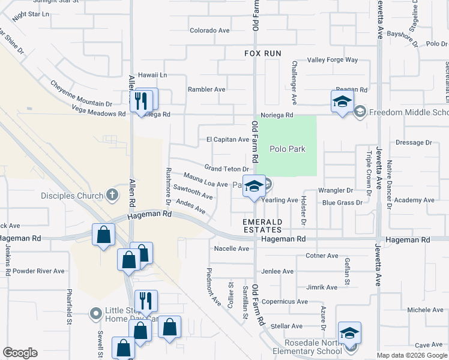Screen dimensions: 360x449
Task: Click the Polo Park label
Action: tap(288, 149)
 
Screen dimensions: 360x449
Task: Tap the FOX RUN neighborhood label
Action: tap(263, 53)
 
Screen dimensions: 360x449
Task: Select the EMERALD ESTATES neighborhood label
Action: tap(262, 226)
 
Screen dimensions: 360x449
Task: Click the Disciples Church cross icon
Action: tap(111, 195)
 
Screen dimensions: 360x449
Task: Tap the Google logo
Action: tap(20, 353)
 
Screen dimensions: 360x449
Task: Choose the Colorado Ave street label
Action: tap(209, 30)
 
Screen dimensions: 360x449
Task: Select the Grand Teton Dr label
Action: tap(226, 169)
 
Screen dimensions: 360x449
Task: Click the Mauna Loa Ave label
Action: tap(205, 181)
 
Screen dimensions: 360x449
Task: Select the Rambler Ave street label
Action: tap(206, 89)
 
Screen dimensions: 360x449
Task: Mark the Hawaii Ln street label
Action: tap(152, 75)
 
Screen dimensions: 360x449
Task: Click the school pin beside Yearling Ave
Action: tap(254, 187)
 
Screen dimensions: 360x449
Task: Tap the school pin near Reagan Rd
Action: tap(342, 101)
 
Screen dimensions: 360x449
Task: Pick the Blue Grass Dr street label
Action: tap(342, 203)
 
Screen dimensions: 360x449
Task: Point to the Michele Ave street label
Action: tap(408, 310)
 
